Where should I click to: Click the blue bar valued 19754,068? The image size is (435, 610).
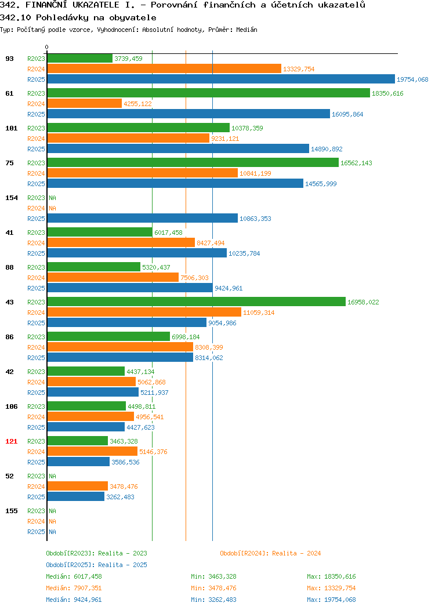221,79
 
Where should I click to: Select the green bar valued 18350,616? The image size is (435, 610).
209,93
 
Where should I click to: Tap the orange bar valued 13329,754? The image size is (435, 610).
164,69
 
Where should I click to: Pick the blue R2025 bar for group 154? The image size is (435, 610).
143,219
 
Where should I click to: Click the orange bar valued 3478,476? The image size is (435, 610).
77,486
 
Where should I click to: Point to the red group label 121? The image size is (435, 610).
11,441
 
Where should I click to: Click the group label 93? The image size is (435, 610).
9,59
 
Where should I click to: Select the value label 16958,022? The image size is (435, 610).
363,302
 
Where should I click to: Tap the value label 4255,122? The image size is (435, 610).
137,104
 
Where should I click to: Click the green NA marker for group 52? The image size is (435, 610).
53,476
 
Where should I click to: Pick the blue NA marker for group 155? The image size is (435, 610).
53,532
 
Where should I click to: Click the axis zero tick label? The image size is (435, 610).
47,48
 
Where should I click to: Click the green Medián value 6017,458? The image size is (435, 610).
88,576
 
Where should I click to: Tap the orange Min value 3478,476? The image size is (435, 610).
222,588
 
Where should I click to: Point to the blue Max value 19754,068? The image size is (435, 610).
340,600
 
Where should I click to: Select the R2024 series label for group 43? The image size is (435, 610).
36,313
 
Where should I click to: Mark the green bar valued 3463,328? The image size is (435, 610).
77,441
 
